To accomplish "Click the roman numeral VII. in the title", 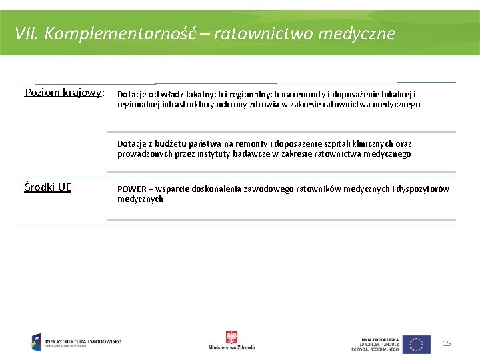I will pos(28,33).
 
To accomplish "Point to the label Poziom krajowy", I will pos(63,93).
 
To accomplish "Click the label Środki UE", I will pos(47,187).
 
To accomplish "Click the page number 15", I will pos(447,343).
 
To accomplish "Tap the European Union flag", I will pos(416,344).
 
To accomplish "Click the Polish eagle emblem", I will pos(231,337).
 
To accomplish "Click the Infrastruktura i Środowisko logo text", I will pos(83,341).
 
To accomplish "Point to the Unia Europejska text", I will pos(379,339).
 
